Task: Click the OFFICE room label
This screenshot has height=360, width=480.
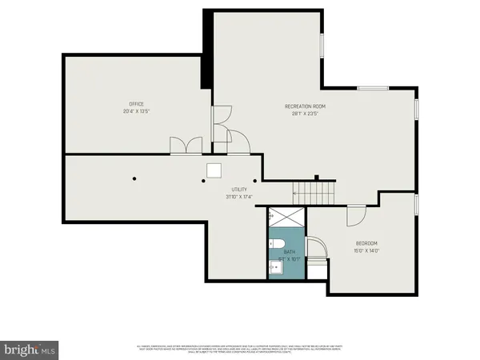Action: [137, 103]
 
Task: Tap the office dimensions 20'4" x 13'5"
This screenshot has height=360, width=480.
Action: [137, 111]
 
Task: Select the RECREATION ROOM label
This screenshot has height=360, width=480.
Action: [305, 106]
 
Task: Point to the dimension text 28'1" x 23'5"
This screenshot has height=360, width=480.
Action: [305, 114]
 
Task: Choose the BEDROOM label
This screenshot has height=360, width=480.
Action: [366, 243]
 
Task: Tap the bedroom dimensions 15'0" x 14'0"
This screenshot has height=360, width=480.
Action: [366, 251]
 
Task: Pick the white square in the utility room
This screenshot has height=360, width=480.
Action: [214, 170]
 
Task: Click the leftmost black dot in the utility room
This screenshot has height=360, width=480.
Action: [136, 178]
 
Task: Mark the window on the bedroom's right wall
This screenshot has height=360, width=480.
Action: [417, 204]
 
